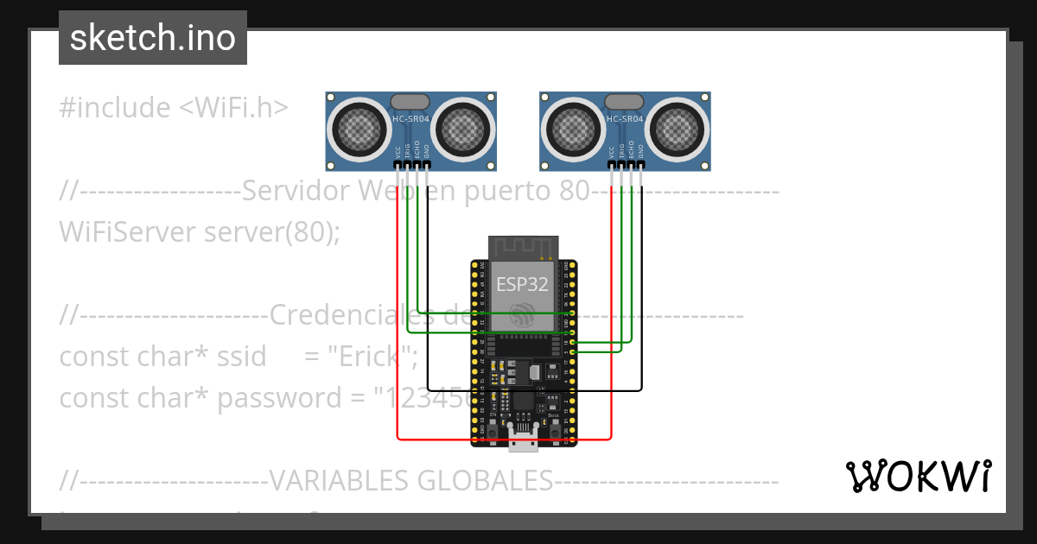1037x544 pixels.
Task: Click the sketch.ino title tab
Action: pos(153,38)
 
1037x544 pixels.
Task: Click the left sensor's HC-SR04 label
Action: pos(410,119)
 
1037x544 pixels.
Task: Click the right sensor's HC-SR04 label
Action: pos(624,119)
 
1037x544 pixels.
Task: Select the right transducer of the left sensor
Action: pos(463,130)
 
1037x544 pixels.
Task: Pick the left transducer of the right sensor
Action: pos(572,130)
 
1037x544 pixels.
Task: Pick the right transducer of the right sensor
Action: pos(677,130)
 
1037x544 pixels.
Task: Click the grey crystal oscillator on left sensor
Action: pos(410,103)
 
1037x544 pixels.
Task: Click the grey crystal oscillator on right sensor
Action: pos(624,103)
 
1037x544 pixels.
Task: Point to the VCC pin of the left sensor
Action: pos(398,164)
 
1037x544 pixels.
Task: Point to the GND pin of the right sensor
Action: pos(640,164)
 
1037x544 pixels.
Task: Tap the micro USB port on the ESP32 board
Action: pos(523,443)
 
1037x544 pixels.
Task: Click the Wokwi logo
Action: pos(919,476)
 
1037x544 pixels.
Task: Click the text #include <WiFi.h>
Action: pos(174,108)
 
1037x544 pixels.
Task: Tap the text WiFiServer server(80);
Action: pos(199,231)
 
